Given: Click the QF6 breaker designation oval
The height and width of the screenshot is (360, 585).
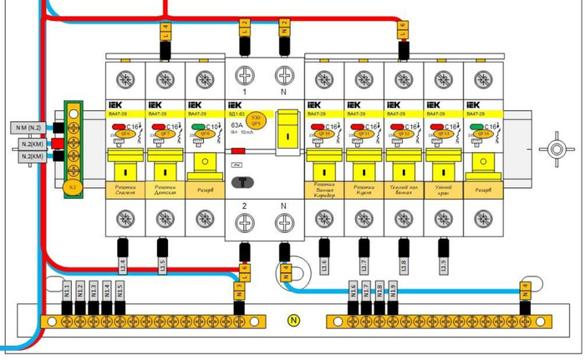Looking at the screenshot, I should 125,134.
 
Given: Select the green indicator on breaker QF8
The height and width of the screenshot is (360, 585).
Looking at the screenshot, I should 197,128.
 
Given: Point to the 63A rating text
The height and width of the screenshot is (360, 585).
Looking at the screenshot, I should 236,122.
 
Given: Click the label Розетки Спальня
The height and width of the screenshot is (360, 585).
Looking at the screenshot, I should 125,191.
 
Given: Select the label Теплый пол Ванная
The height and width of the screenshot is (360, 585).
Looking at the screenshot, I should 404,191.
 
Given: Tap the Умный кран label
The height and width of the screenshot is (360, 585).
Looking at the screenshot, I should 444,191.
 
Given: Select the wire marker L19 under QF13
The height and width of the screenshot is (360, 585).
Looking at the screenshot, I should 444,266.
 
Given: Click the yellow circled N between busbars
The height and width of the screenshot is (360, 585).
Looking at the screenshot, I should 292,319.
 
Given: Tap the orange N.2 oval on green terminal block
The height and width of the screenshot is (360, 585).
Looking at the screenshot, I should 72,188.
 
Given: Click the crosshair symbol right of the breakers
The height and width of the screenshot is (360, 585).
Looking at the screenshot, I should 553,150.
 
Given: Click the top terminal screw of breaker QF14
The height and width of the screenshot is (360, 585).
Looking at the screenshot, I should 483,80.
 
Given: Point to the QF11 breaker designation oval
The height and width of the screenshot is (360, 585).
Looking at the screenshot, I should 364,134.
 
